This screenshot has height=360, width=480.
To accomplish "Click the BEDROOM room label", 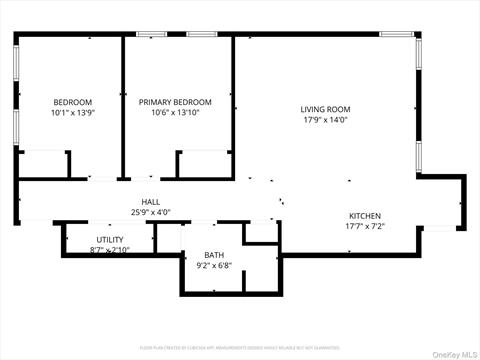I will click(x=72, y=102).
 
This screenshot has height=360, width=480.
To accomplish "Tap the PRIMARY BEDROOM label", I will click(x=175, y=102).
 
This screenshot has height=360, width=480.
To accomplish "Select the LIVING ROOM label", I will click(x=325, y=109).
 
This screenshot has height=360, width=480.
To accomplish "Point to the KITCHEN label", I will click(x=364, y=216).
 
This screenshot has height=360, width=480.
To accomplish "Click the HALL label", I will click(x=150, y=202).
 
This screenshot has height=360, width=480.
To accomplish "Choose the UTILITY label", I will click(x=109, y=240).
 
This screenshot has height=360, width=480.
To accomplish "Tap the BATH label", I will click(x=214, y=255).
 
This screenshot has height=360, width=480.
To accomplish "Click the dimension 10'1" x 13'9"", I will click(x=72, y=113).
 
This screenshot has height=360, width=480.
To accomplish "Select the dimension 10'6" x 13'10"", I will click(x=175, y=113).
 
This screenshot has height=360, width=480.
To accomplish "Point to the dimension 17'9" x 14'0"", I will click(x=325, y=120).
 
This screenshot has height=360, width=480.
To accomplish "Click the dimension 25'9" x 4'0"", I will click(x=150, y=212).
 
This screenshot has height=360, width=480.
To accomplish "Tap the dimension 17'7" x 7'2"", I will click(x=364, y=226).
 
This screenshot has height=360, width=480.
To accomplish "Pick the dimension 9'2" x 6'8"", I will click(x=214, y=265).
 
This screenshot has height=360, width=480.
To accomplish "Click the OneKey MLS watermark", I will click(x=454, y=352).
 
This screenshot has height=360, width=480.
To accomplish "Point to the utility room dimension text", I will click(x=109, y=249).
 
